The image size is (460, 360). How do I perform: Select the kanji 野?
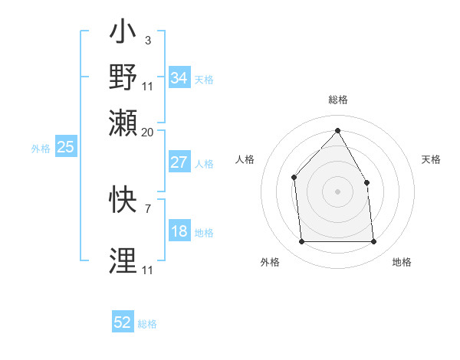(x=123, y=77)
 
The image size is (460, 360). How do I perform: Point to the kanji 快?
(x=123, y=201)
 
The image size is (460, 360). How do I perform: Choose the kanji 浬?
(x=123, y=260)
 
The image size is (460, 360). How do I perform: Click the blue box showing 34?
(x=179, y=78)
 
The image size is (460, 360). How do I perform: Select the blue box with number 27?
(x=179, y=162)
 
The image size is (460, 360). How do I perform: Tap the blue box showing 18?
(x=179, y=232)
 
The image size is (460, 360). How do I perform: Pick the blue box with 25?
(x=65, y=147)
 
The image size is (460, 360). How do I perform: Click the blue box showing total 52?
(x=123, y=322)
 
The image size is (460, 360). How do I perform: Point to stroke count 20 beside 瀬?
(x=147, y=132)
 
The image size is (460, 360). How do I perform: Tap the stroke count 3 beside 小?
(x=147, y=40)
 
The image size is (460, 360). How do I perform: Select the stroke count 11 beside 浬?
(x=147, y=270)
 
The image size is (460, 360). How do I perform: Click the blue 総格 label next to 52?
(x=147, y=324)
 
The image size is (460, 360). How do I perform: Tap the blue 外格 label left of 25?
(x=40, y=149)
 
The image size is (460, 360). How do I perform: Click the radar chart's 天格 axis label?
(x=432, y=159)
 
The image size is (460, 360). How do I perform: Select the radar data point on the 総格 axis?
(x=337, y=130)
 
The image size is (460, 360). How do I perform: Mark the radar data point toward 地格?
(x=373, y=242)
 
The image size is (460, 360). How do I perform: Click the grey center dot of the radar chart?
(x=337, y=191)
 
